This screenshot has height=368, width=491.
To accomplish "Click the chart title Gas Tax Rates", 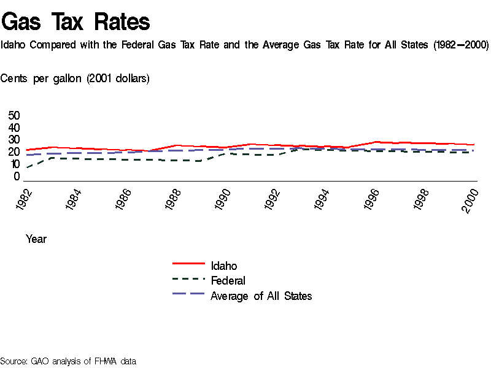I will click(75, 21).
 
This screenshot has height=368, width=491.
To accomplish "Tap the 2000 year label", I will click(471, 199).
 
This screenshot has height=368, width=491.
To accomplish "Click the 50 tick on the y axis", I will click(14, 116).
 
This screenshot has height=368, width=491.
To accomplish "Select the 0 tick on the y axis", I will click(17, 177).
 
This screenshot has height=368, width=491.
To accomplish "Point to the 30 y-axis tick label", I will click(14, 140).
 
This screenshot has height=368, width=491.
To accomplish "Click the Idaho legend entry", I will click(223, 266).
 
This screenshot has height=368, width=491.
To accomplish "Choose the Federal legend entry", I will click(228, 281).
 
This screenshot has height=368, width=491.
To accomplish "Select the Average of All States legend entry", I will click(261, 296).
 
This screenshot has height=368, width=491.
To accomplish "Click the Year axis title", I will click(36, 239).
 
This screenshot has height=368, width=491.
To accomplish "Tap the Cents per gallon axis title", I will click(75, 79).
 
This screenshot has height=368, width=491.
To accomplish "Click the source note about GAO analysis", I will click(68, 361).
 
